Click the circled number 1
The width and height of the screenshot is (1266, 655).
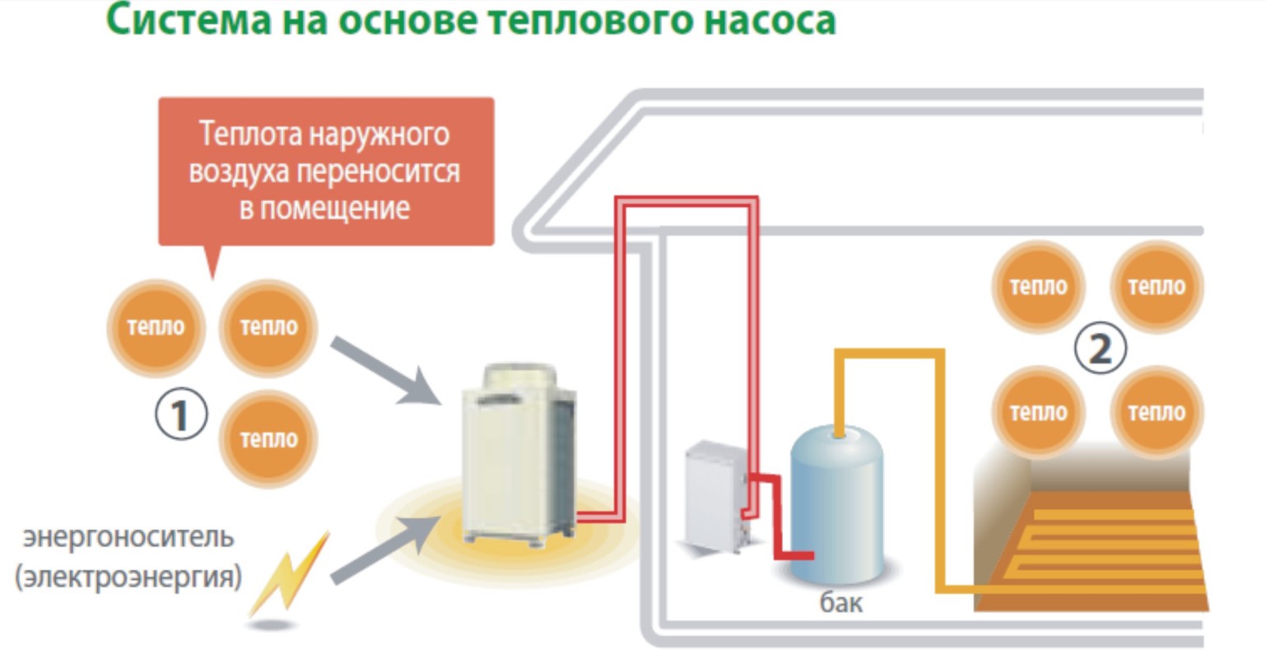180,416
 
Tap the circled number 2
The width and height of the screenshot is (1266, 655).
1100,349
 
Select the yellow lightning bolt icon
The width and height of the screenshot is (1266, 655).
290,575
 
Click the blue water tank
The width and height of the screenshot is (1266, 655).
838,502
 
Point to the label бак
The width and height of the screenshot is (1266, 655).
841,601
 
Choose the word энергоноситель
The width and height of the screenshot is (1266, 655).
128,537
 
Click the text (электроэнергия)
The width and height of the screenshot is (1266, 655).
128,576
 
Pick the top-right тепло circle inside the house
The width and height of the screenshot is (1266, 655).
1157,287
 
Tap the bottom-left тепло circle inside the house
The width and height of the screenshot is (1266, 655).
1038,411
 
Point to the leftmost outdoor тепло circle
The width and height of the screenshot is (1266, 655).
156,326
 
